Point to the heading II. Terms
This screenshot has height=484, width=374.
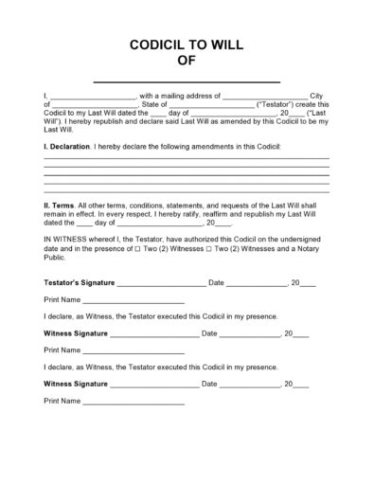(x=62, y=205)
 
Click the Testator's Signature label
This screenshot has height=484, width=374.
(x=80, y=282)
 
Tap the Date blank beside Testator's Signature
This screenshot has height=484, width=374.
(x=257, y=283)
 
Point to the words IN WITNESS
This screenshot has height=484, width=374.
(x=67, y=241)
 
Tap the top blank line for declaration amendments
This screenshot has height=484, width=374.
(x=187, y=157)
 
